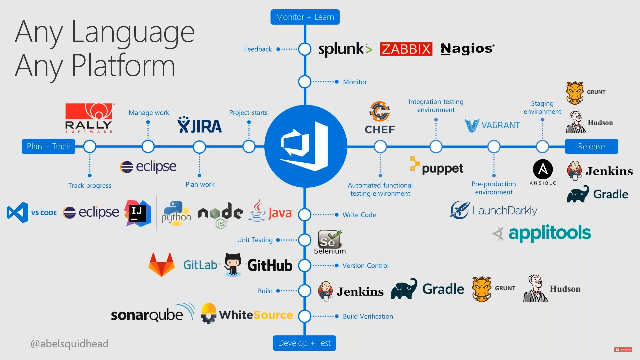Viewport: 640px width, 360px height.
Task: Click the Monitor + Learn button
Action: tap(305, 17)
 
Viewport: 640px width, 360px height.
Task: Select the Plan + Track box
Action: tap(48, 147)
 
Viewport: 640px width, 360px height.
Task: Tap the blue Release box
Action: tap(591, 147)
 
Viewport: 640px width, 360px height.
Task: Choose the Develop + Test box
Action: tap(304, 343)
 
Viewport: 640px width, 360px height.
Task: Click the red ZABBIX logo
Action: tap(406, 49)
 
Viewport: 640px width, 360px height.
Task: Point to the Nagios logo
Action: tap(467, 49)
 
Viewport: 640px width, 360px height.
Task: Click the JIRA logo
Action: tap(200, 126)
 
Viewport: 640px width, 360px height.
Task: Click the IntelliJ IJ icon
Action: tap(138, 213)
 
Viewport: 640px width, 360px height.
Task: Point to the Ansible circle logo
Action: tap(543, 169)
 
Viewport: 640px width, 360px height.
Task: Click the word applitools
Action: tap(549, 233)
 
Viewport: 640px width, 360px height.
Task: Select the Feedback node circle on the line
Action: tap(305, 49)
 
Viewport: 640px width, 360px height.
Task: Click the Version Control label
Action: tap(365, 266)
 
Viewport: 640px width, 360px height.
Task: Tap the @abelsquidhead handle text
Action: tap(70, 344)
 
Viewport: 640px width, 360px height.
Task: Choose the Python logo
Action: tap(176, 213)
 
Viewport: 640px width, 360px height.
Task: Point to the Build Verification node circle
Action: tap(305, 316)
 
